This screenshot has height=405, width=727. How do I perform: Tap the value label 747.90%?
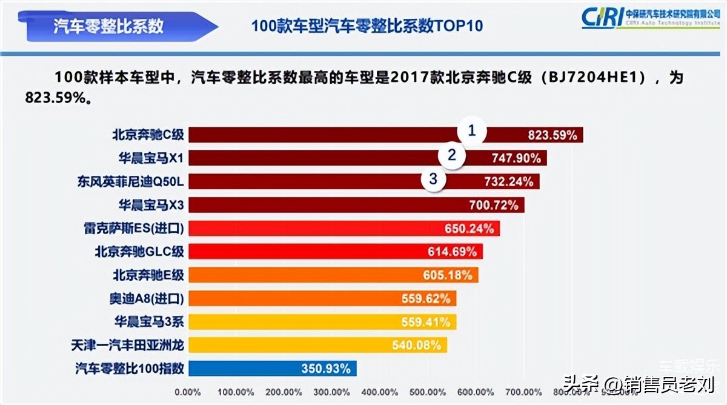click(512, 158)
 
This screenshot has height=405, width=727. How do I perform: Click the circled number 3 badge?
click(433, 179)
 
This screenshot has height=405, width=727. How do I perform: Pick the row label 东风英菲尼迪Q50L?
click(130, 181)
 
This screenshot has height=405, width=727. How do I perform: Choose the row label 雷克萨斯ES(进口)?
click(134, 228)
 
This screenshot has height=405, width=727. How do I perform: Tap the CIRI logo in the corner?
click(651, 18)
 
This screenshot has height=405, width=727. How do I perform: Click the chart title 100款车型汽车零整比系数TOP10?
click(367, 27)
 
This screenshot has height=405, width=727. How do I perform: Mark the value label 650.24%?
click(469, 229)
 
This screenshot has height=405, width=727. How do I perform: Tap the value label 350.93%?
click(326, 368)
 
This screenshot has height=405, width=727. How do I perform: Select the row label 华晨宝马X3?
click(151, 205)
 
